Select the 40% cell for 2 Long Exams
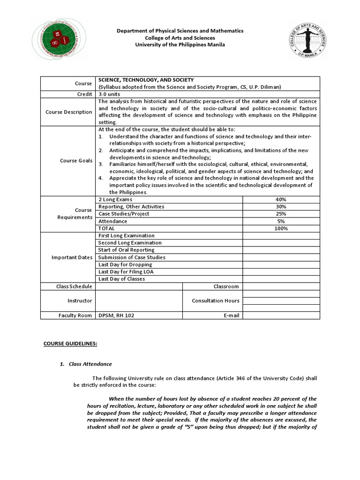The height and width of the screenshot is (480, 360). [x=281, y=199]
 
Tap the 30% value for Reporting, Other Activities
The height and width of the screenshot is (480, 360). [x=281, y=207]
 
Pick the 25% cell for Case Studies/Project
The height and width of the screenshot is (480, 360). [x=281, y=214]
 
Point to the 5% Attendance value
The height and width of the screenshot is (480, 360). [x=281, y=221]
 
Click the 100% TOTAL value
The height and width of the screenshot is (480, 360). [x=281, y=228]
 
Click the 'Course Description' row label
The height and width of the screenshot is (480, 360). [x=68, y=112]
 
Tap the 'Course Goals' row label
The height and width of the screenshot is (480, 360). [x=76, y=161]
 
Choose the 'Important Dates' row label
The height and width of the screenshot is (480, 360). [x=72, y=257]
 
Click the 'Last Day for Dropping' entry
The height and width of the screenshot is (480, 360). [x=126, y=264]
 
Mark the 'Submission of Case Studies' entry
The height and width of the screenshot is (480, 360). [x=132, y=257]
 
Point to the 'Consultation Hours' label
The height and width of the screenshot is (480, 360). [x=215, y=301]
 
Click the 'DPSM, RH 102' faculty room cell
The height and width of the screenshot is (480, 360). [x=116, y=315]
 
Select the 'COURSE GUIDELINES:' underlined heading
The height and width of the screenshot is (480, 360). [x=70, y=344]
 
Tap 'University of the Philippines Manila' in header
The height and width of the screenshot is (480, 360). [x=180, y=45]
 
